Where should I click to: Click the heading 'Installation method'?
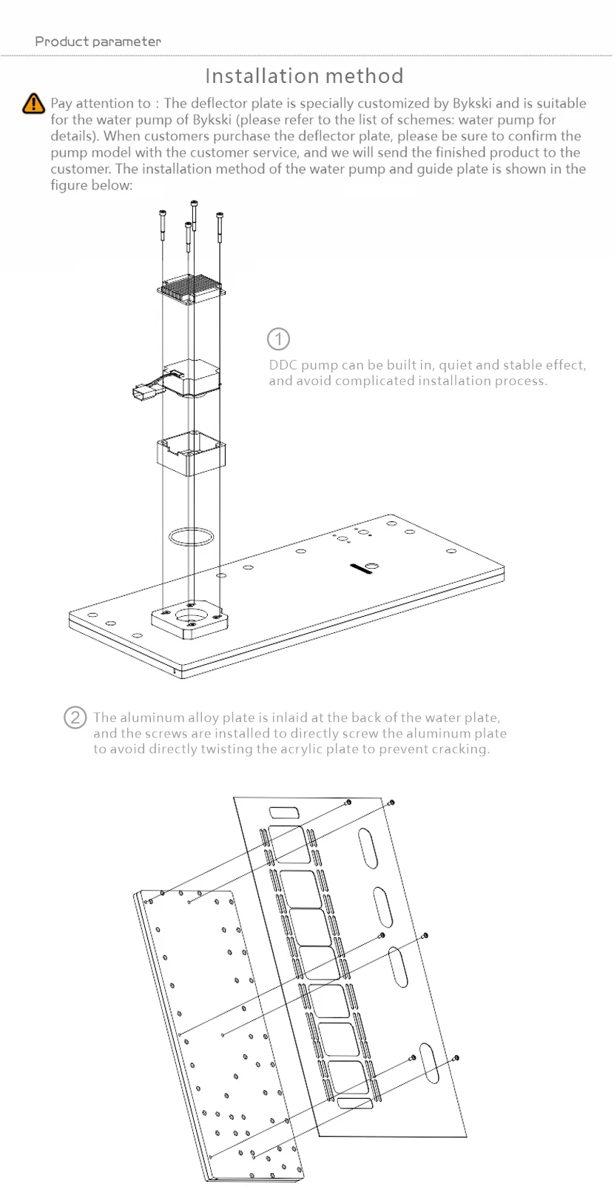tap(304, 76)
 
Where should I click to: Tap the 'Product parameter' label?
tap(98, 41)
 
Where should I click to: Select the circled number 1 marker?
tap(278, 339)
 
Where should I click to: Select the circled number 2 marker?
tap(75, 718)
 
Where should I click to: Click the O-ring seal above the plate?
tap(192, 536)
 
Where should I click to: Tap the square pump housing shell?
tap(191, 454)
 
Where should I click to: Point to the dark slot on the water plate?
tap(363, 569)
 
